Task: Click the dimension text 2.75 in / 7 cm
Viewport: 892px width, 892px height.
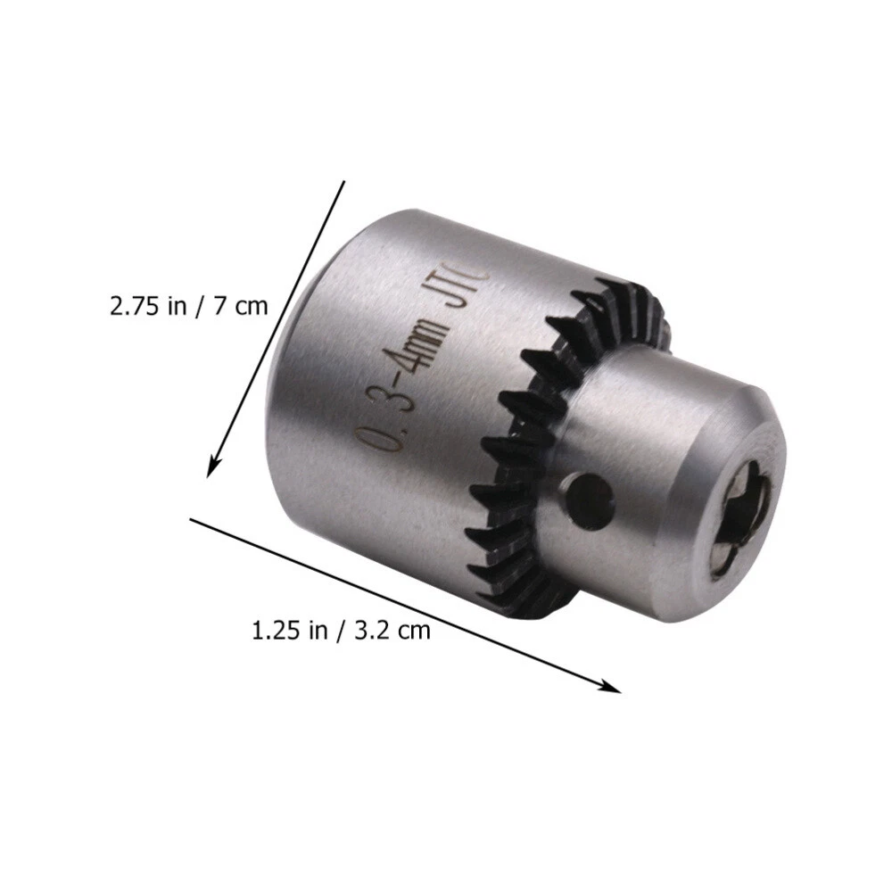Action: (188, 306)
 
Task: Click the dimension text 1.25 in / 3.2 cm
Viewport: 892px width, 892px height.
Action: (342, 631)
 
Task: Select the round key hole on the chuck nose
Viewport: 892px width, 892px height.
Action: (591, 500)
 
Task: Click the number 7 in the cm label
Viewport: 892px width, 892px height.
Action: (219, 306)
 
